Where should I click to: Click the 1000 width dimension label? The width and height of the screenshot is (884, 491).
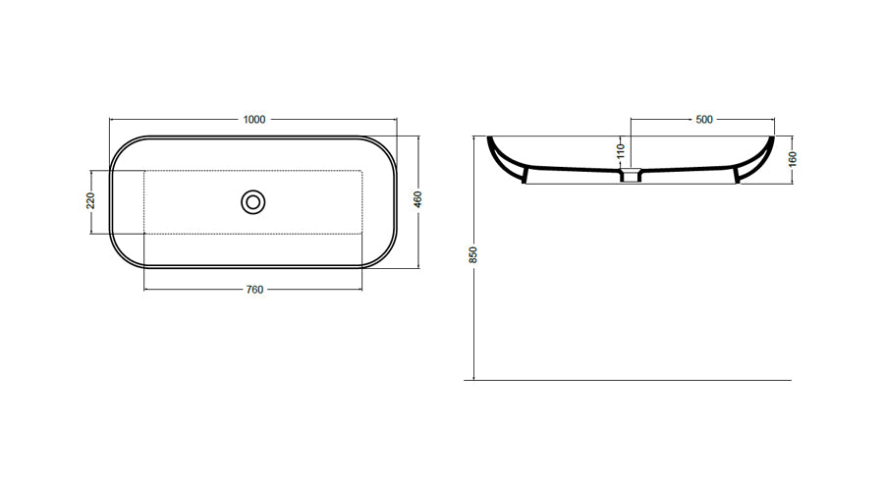point(253,120)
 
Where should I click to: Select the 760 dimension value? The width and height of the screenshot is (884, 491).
point(254,290)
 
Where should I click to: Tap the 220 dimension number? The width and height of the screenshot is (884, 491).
point(90,200)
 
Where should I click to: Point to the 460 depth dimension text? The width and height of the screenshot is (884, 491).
point(417,199)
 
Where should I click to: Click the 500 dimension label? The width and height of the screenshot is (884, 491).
point(704,120)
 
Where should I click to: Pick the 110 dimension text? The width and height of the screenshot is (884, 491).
point(621,151)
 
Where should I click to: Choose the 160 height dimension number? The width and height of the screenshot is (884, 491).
point(793,159)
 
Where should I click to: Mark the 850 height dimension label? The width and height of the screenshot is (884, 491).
point(473,254)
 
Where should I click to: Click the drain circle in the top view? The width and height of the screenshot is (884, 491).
point(253,202)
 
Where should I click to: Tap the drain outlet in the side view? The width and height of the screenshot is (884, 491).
point(631,175)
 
